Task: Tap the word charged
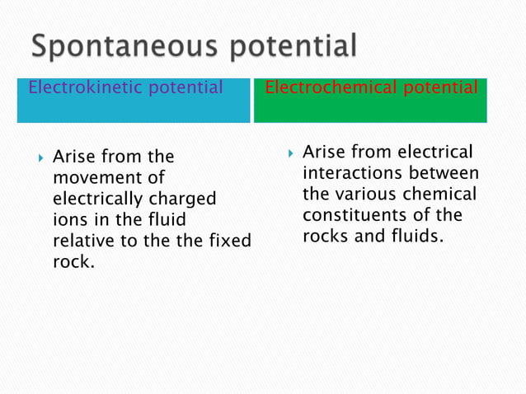pyautogui.click(x=186, y=199)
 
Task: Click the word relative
pyautogui.click(x=83, y=242)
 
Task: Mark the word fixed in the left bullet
pyautogui.click(x=230, y=242)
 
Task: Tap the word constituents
pyautogui.click(x=359, y=216)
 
